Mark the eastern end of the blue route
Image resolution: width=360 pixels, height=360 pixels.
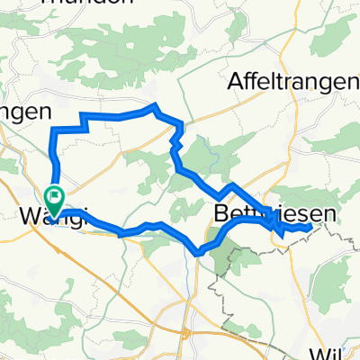tap(311, 228)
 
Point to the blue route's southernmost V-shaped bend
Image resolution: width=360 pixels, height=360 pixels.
tap(197, 254)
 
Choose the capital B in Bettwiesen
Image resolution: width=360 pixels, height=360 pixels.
tap(221, 215)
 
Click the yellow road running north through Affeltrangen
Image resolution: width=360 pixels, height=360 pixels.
tap(286, 45)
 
